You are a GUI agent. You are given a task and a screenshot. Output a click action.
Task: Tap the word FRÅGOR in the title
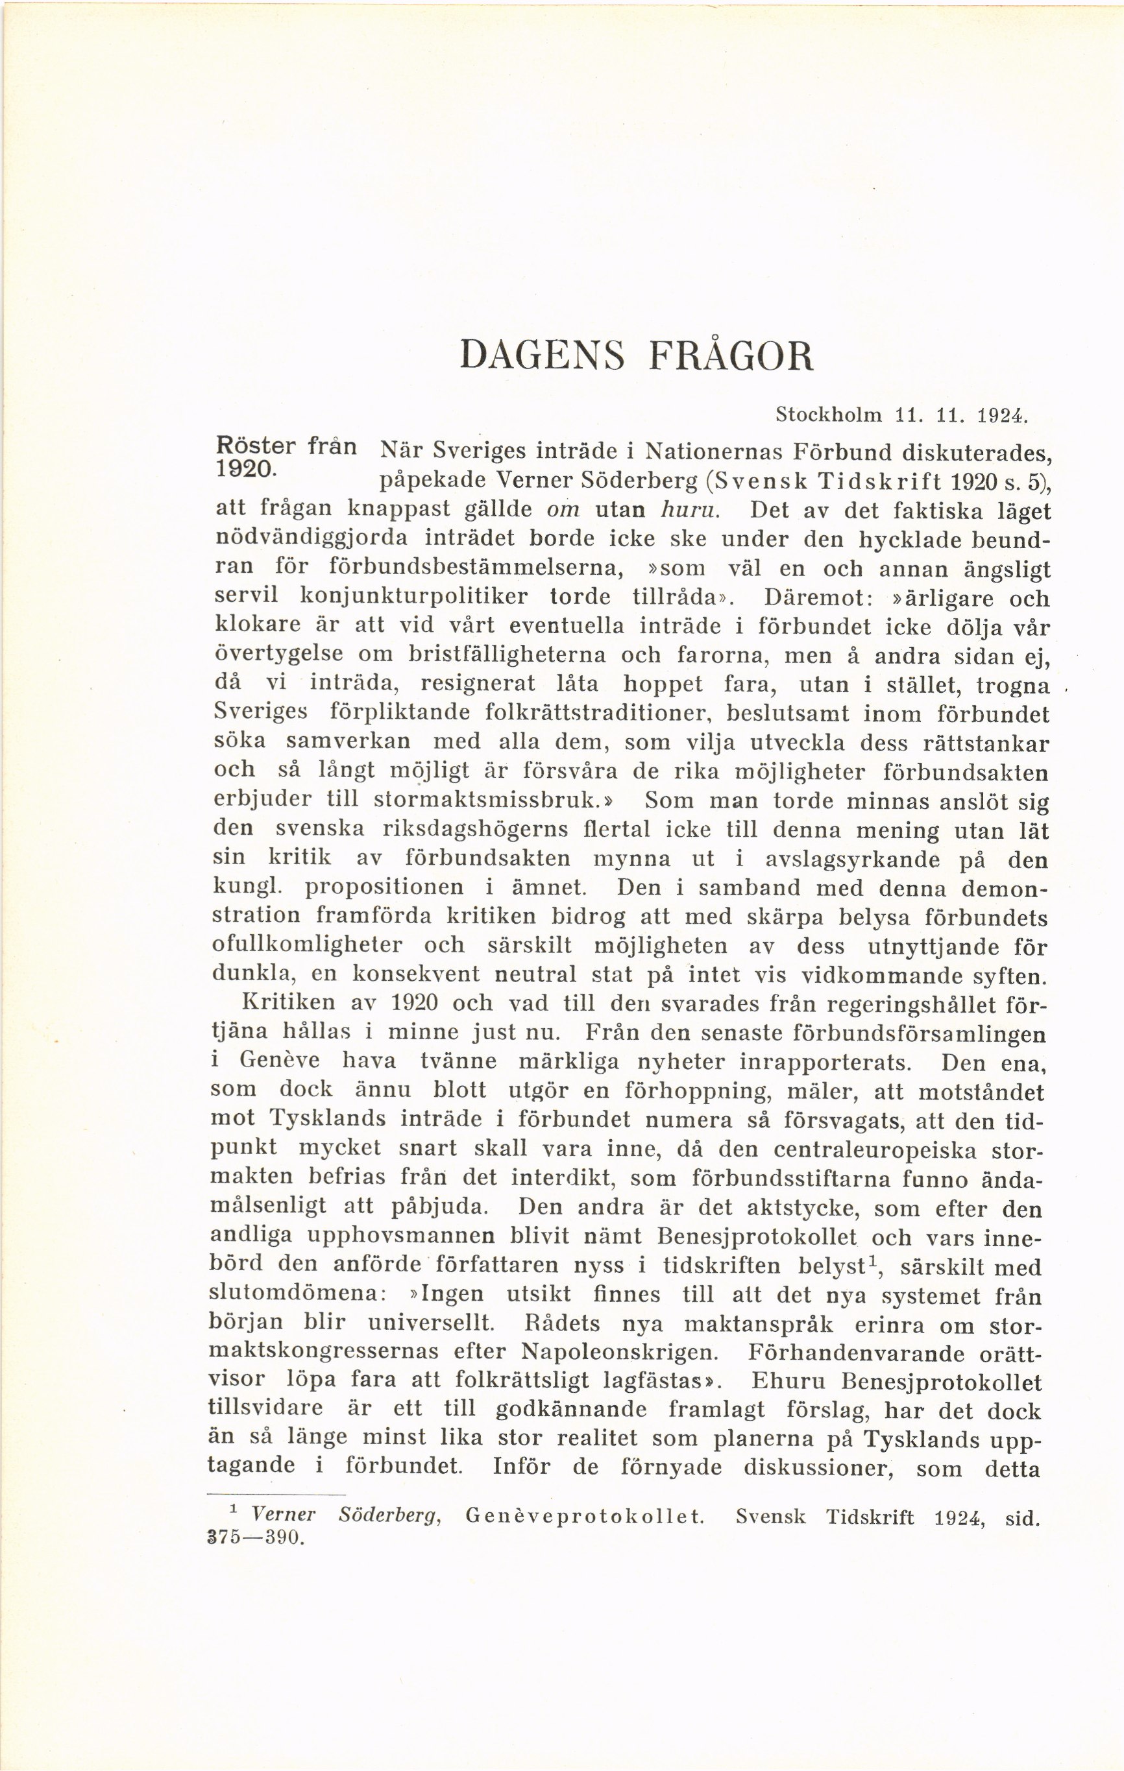coord(731,356)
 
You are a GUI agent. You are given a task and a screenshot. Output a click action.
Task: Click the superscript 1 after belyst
coord(872,1260)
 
